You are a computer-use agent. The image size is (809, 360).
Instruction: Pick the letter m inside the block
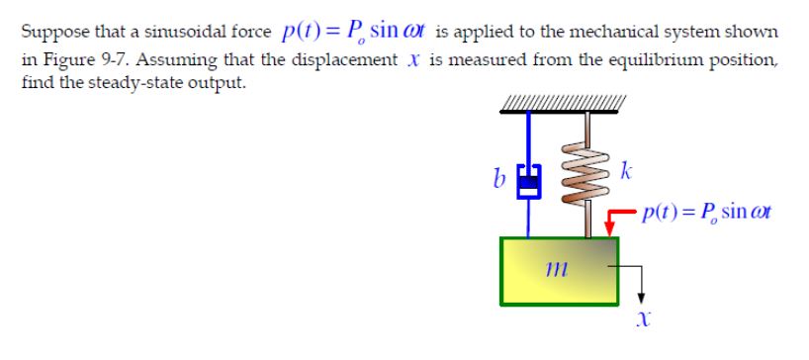556,269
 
